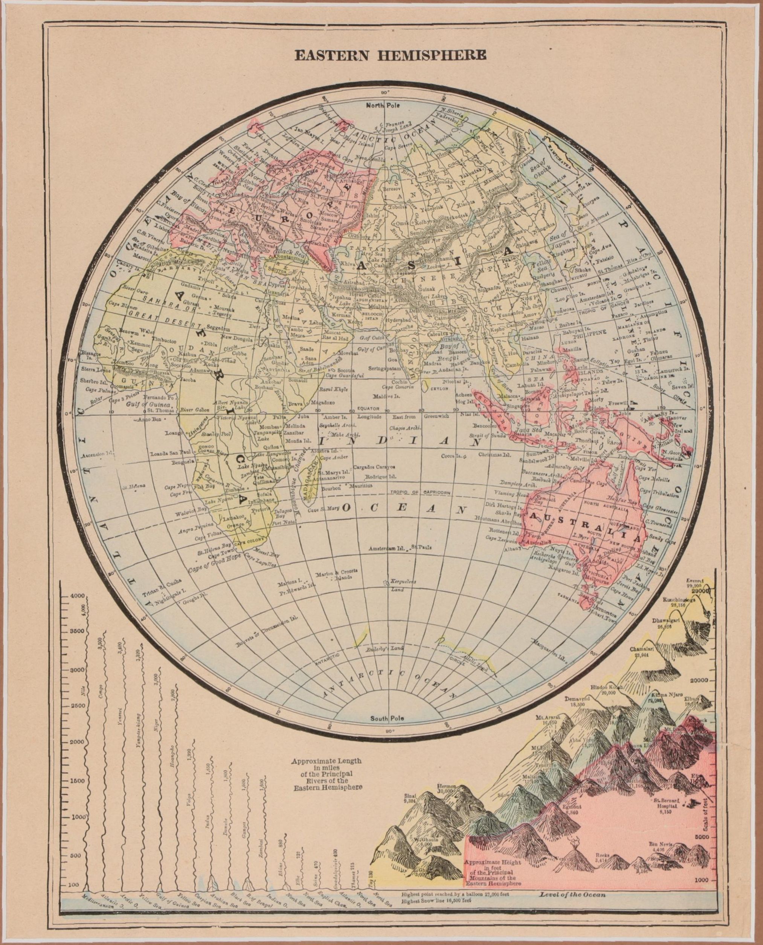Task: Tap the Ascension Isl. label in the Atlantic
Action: click(95, 440)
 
